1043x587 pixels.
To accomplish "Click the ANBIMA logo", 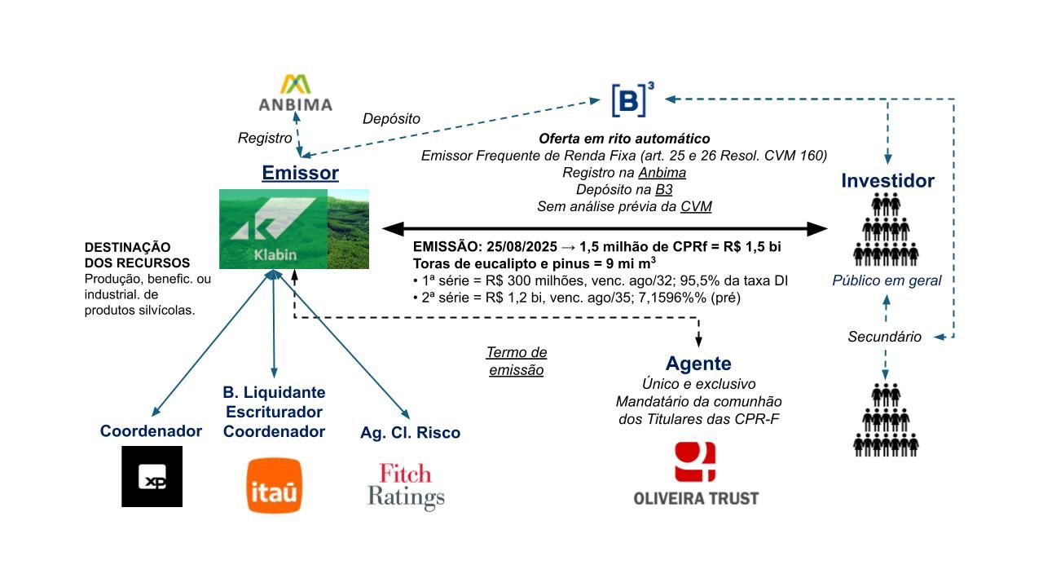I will click(x=295, y=93).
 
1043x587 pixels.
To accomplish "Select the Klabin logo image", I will click(x=293, y=229).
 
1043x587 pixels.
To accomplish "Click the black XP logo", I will click(x=152, y=476).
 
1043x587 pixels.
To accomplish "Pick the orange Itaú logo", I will click(x=274, y=485).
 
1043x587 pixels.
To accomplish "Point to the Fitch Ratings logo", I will click(x=406, y=486).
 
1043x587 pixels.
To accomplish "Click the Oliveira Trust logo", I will click(x=696, y=474).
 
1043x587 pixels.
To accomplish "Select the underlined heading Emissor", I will click(x=300, y=173).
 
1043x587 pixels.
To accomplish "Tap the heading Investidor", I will click(x=887, y=180).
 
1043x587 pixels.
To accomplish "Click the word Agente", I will click(x=698, y=364).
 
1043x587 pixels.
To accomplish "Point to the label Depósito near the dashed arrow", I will click(x=391, y=119).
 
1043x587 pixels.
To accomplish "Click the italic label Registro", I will click(x=265, y=139).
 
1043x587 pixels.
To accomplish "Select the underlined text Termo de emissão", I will click(x=517, y=361).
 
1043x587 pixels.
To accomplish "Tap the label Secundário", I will click(x=884, y=337).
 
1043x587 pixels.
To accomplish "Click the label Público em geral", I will click(x=887, y=280).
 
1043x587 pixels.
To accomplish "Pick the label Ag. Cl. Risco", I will click(x=410, y=433).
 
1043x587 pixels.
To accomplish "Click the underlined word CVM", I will click(x=696, y=206).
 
